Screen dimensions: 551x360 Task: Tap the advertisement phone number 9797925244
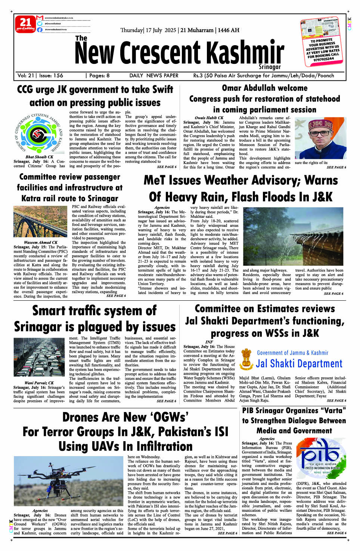[x=323, y=59]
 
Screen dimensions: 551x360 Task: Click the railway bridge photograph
[x=40, y=222]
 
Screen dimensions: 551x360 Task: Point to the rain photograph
[x=293, y=237]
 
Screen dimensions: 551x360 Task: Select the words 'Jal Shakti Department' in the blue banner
[x=299, y=363]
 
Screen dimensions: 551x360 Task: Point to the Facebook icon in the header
[x=40, y=29]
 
